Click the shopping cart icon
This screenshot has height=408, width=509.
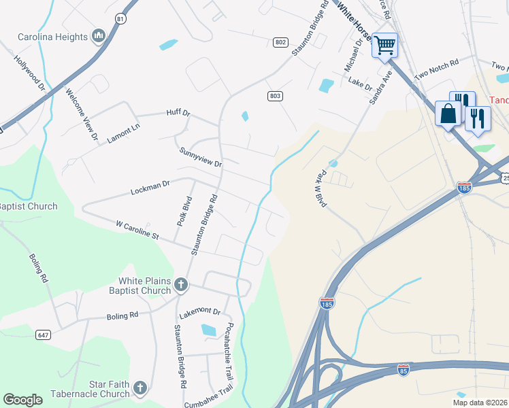pyautogui.click(x=384, y=46)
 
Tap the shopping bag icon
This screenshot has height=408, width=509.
pyautogui.click(x=448, y=114)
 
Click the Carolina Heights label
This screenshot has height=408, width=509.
pyautogui.click(x=53, y=37)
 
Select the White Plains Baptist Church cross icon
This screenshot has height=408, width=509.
pyautogui.click(x=180, y=284)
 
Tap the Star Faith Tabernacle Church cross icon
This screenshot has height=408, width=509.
pyautogui.click(x=139, y=388)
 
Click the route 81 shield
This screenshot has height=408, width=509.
pyautogui.click(x=120, y=18)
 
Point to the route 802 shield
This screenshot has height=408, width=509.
pyautogui.click(x=280, y=42)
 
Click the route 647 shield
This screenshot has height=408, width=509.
pyautogui.click(x=43, y=335)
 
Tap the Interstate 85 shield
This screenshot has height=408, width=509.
pyautogui.click(x=404, y=370)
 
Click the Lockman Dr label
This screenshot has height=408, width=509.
pyautogui.click(x=149, y=188)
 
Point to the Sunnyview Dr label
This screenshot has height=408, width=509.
pyautogui.click(x=201, y=158)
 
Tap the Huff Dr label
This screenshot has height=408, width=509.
pyautogui.click(x=178, y=113)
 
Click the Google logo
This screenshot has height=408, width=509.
pyautogui.click(x=23, y=400)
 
